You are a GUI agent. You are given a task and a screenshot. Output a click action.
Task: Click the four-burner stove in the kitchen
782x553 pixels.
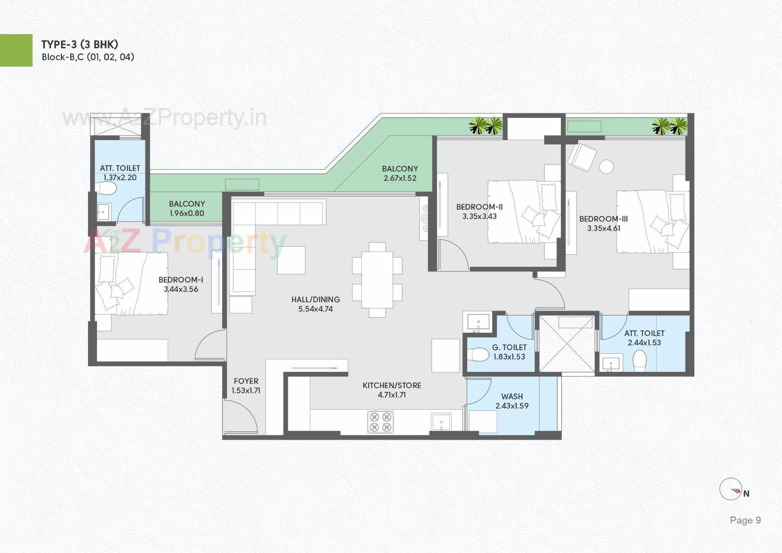[x=380, y=422]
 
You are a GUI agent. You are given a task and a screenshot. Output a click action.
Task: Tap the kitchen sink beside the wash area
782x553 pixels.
[x=441, y=421]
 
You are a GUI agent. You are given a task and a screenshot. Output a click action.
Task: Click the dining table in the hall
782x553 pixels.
[x=377, y=280]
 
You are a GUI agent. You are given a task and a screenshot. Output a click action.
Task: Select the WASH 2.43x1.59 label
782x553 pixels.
[x=512, y=401]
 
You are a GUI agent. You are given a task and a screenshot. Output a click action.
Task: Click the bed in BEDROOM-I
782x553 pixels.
[x=131, y=283]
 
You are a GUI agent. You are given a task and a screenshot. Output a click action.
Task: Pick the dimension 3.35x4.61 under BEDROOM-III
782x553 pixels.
[x=604, y=228]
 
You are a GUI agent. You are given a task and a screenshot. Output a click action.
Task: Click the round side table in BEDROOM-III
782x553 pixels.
[x=606, y=167]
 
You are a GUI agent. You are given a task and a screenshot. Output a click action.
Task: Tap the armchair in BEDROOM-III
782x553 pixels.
[x=582, y=157]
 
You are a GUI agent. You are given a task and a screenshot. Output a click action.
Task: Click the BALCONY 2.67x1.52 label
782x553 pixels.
[x=400, y=173]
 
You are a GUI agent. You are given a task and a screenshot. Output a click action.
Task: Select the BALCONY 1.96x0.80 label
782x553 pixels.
[x=187, y=208]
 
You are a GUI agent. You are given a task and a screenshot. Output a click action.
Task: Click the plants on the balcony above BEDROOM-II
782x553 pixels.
[x=485, y=126]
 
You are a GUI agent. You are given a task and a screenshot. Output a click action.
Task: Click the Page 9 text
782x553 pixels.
[x=745, y=520]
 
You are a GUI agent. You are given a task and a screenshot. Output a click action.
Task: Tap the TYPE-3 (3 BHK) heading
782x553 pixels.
[x=80, y=44]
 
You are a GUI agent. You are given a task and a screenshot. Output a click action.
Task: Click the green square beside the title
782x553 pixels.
[x=16, y=50]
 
